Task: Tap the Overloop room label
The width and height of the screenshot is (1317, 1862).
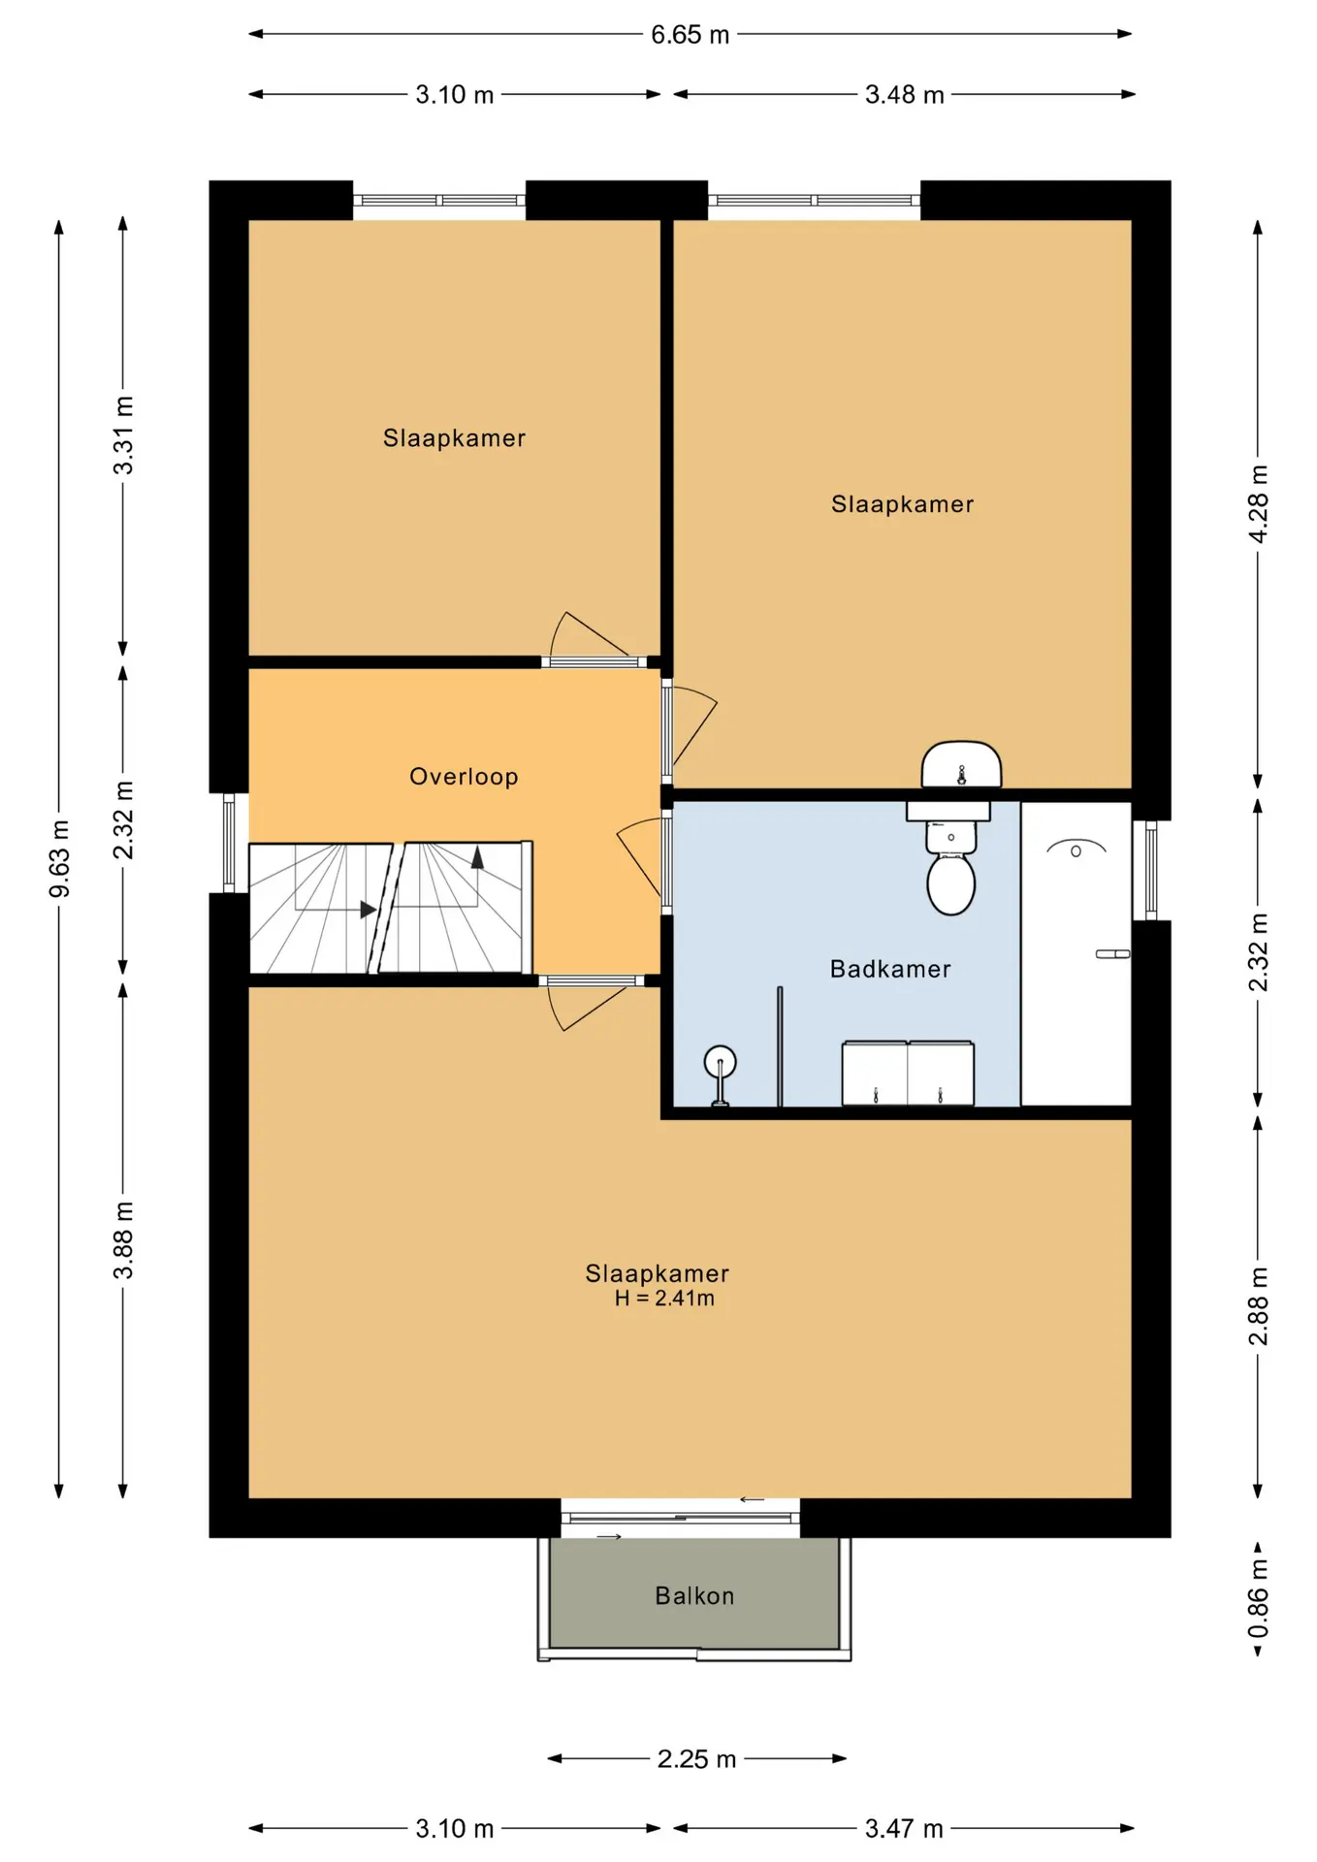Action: coord(464,777)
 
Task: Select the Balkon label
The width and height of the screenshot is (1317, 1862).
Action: coord(694,1595)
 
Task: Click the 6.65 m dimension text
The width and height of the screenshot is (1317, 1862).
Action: coord(690,35)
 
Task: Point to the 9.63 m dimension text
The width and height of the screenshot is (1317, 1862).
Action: coord(60,858)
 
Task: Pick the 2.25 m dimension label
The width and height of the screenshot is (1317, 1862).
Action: coord(696,1758)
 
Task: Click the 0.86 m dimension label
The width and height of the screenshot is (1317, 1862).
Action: coord(1258,1598)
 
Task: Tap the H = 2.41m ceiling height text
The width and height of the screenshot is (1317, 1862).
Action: coord(664,1299)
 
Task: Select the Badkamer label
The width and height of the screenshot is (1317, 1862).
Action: coord(890,969)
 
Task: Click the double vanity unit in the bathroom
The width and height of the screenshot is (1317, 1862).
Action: coord(908,1073)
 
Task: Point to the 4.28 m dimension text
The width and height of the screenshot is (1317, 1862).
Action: coord(1258,504)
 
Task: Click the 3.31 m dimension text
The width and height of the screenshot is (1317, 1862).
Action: coord(124,435)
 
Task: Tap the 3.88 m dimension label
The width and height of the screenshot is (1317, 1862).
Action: coord(124,1239)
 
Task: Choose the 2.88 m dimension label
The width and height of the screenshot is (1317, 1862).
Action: coord(1258,1305)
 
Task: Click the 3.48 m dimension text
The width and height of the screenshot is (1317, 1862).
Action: coord(904,95)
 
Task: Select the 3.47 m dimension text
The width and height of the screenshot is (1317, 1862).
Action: coord(904,1829)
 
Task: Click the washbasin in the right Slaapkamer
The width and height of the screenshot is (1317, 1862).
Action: coord(961,765)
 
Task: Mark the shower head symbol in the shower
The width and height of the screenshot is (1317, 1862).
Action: coord(1076,849)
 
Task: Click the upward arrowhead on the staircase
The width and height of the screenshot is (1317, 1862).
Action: coord(477,857)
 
